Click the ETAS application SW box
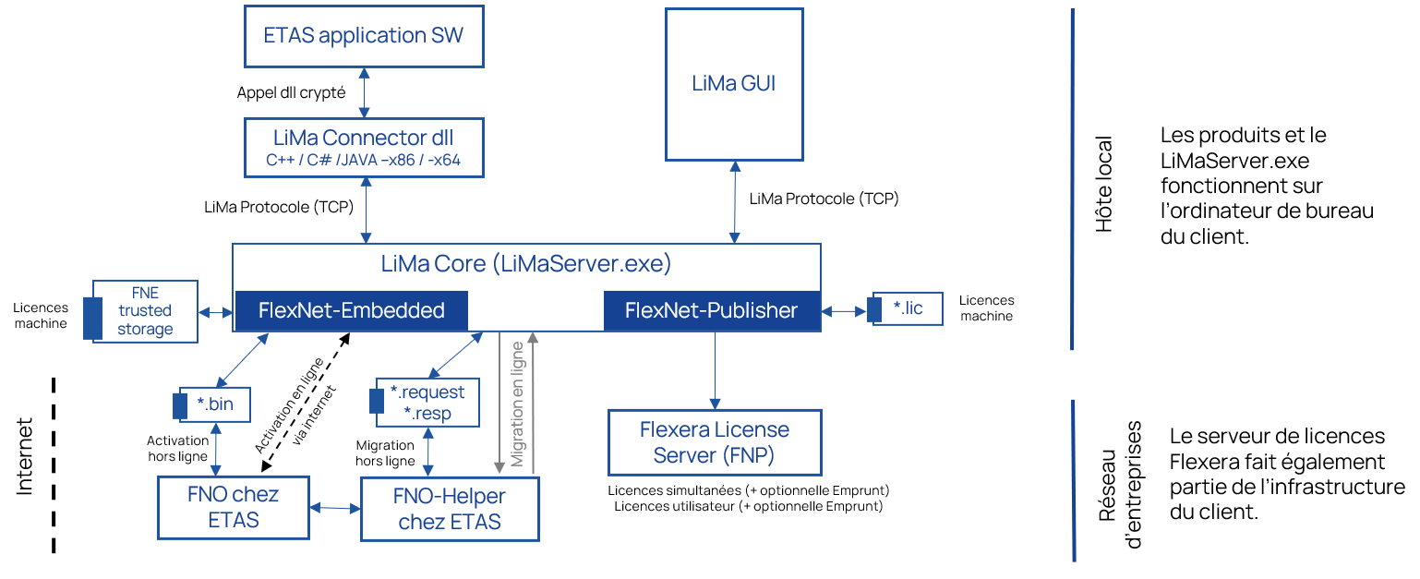click(x=363, y=36)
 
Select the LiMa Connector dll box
click(x=363, y=147)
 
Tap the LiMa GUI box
click(x=734, y=83)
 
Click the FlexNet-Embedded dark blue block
click(x=351, y=311)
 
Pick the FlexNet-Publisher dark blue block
click(x=711, y=311)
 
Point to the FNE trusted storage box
click(x=145, y=311)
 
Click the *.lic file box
click(x=908, y=308)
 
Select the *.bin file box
click(x=215, y=404)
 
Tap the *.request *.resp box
click(x=427, y=403)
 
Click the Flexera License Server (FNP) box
click(x=714, y=442)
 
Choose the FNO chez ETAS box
click(x=233, y=507)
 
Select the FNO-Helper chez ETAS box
click(x=449, y=509)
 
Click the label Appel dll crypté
click(x=292, y=92)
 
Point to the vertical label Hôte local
click(x=1103, y=184)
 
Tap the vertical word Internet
click(x=25, y=456)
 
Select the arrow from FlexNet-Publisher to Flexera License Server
click(x=714, y=369)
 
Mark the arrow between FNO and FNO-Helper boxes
click(x=334, y=508)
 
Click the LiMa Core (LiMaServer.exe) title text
click(x=526, y=264)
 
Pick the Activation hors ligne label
click(x=177, y=448)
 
